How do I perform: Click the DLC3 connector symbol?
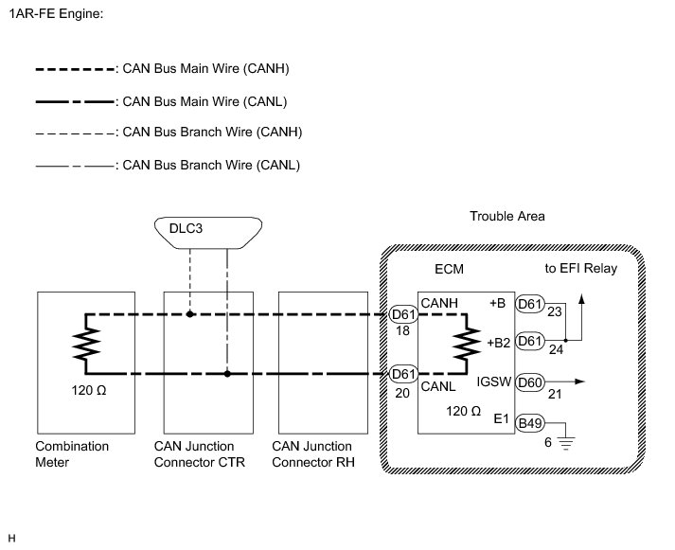(x=208, y=231)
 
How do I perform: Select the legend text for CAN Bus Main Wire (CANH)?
(x=207, y=69)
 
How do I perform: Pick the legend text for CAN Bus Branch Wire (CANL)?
(x=206, y=164)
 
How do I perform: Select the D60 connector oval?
(x=530, y=382)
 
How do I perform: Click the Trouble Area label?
(x=507, y=217)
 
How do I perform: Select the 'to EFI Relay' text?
(x=581, y=269)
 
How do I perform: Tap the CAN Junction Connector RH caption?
(x=311, y=453)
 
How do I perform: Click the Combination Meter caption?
(x=72, y=453)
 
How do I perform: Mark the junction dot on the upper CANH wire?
(x=190, y=313)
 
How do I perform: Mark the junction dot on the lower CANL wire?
(x=227, y=374)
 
